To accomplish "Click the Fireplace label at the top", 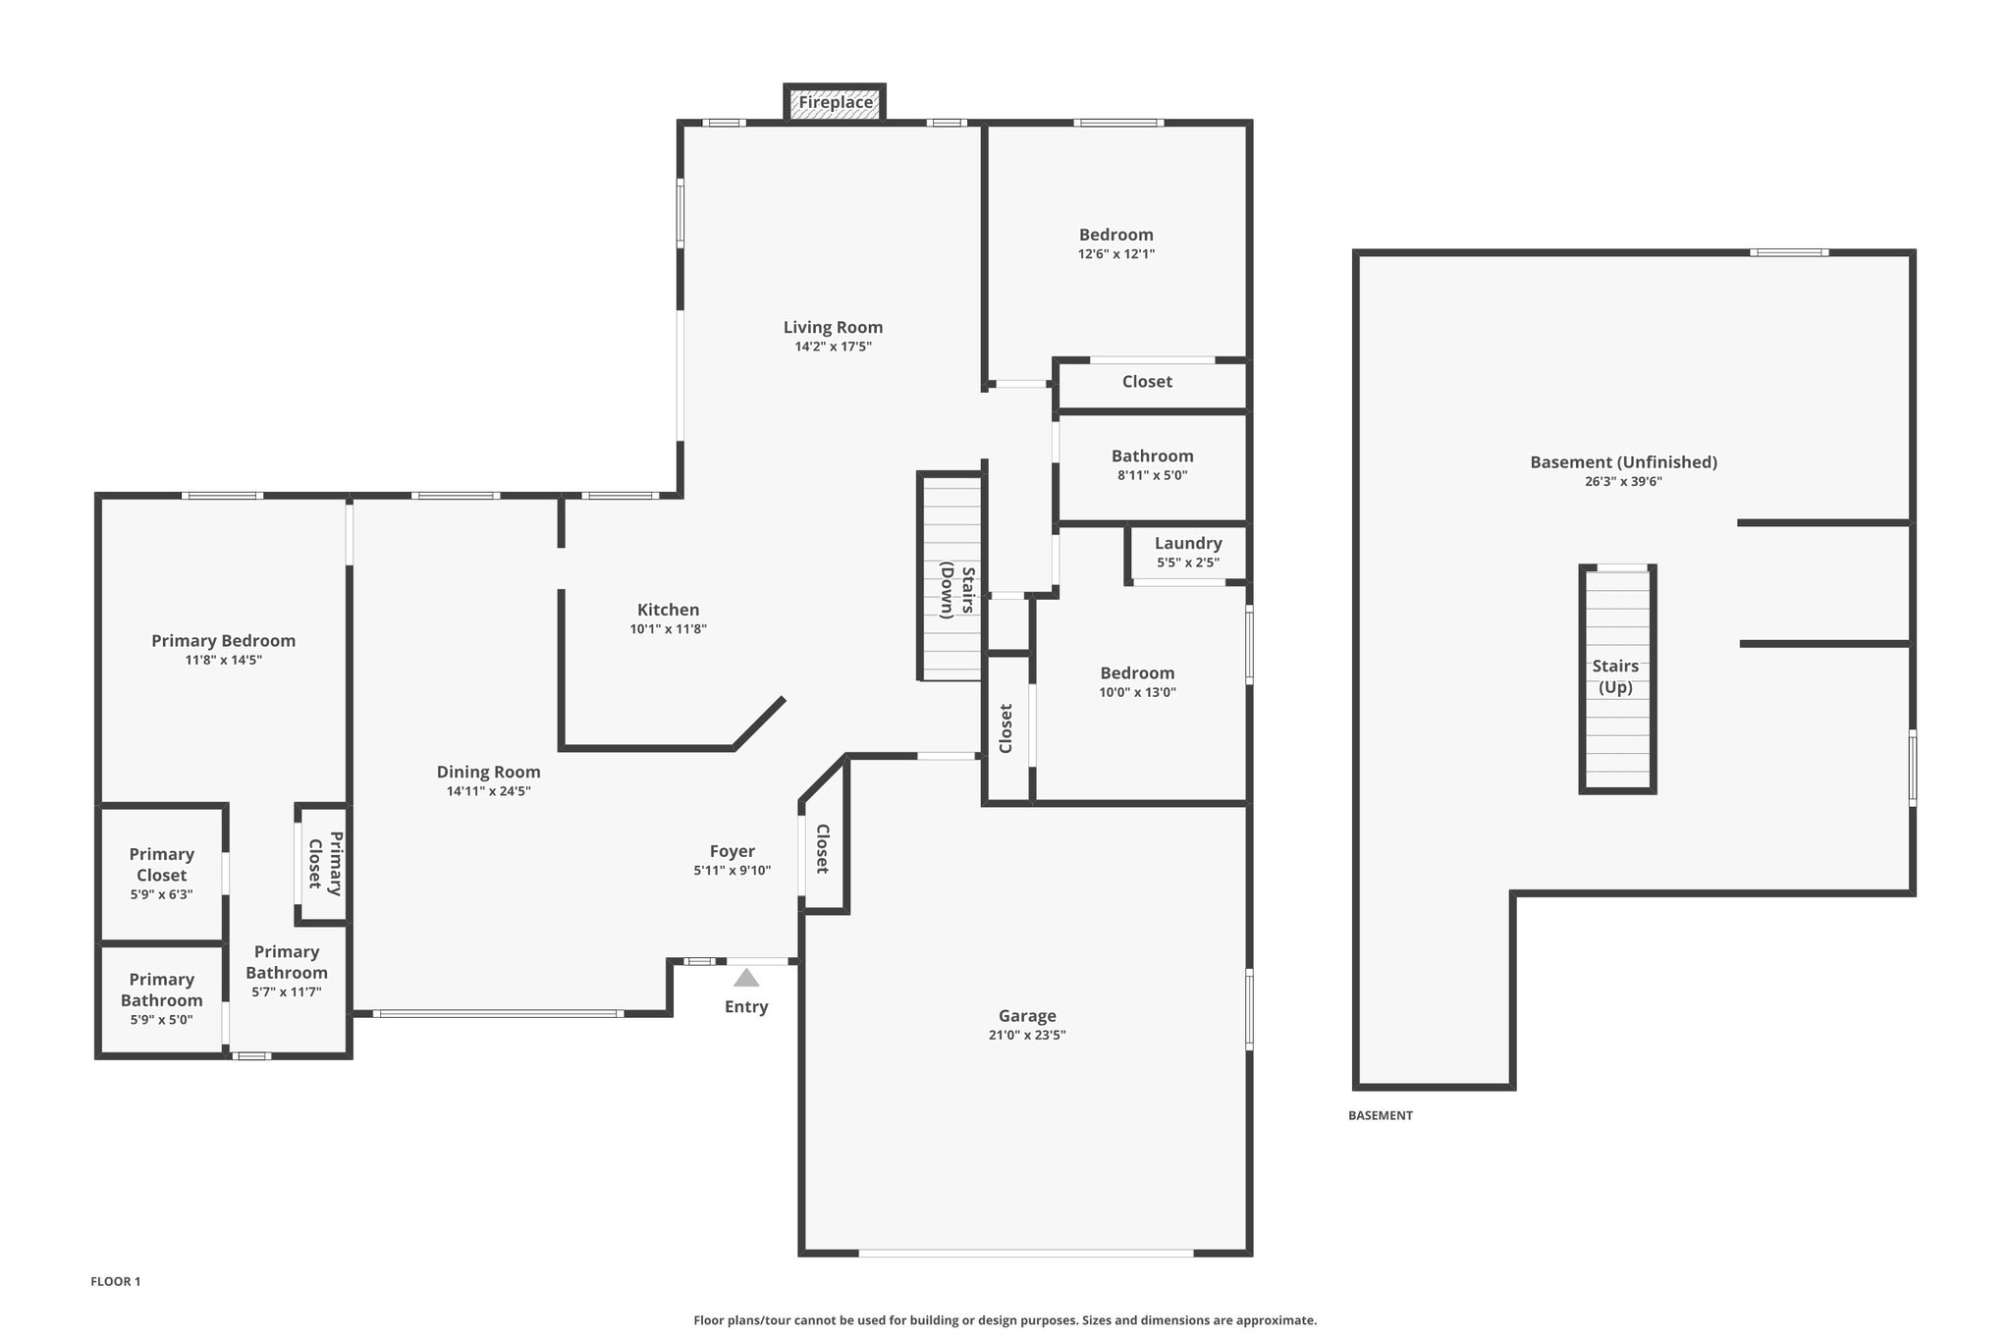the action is tap(836, 102).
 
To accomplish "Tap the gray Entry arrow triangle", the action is tap(746, 978).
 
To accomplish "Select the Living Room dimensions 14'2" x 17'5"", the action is tap(834, 347).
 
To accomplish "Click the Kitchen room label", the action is tap(668, 610).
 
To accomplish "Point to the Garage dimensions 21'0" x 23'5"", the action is tap(1027, 1035).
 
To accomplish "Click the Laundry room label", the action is tap(1188, 543).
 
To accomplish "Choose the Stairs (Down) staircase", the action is tap(950, 577).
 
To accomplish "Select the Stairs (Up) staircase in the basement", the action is tap(1617, 678).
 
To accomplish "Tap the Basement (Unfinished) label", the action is tap(1623, 462).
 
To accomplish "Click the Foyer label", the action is tap(733, 851).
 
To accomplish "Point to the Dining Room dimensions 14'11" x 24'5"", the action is tap(489, 791).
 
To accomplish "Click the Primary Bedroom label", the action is tap(224, 641).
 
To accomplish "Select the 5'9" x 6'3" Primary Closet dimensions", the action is tap(162, 894).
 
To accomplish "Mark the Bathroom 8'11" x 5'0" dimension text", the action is tap(1153, 475).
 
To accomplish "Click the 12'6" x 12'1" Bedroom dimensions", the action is tap(1116, 253).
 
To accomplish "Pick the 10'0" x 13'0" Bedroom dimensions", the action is tap(1138, 692).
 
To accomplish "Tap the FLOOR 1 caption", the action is tap(116, 1281).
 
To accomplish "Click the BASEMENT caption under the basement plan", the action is tap(1381, 1115).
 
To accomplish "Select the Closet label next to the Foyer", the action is tap(823, 848).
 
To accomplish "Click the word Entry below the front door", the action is tap(746, 1007).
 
